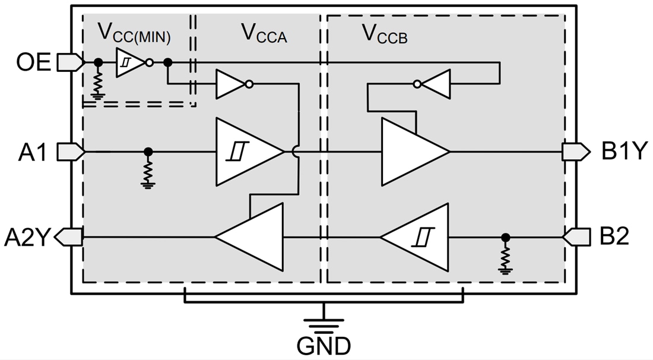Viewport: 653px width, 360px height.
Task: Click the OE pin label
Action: (34, 62)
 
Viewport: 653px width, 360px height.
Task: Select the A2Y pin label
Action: (27, 238)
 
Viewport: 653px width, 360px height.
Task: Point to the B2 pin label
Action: (614, 238)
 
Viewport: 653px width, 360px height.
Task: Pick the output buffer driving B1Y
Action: (413, 152)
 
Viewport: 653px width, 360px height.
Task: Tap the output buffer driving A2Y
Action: (252, 237)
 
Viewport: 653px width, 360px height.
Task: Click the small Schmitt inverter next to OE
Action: (130, 62)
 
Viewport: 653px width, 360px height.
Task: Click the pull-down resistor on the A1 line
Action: (148, 172)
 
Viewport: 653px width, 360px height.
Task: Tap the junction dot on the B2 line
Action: (505, 238)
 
